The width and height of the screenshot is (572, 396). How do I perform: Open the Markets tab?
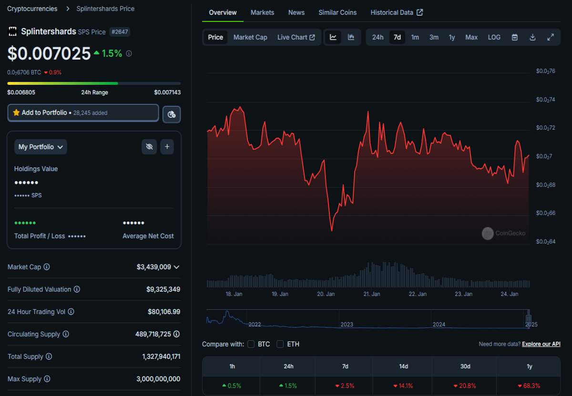pos(262,12)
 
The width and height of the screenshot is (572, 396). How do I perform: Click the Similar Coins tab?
pos(337,12)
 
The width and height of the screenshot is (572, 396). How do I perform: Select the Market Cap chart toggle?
pos(250,37)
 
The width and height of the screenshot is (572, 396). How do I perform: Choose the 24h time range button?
pos(378,37)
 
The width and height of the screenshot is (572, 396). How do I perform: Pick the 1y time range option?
pos(452,37)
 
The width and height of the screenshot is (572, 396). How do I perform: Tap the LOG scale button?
pos(494,37)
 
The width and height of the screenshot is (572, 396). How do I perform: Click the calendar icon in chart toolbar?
pos(514,37)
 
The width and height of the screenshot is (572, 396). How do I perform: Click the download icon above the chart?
pos(532,37)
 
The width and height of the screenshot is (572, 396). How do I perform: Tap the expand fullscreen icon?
pos(551,37)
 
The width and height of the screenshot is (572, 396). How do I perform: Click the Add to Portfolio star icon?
pos(16,112)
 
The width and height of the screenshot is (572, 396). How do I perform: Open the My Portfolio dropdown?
pos(41,147)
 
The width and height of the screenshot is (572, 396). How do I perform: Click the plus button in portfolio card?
pos(167,147)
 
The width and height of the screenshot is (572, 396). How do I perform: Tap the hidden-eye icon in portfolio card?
pos(149,147)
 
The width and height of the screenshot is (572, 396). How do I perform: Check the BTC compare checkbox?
pos(251,344)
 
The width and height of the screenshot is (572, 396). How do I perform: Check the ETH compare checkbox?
pos(280,344)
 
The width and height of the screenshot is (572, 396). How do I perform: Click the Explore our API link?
pos(541,344)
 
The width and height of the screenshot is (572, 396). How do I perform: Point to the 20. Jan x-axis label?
pos(326,294)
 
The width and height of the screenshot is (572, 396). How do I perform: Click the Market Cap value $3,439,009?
pos(153,267)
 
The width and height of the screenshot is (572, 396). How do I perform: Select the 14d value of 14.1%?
pos(403,386)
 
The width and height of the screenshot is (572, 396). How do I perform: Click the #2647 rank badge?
pos(120,32)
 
